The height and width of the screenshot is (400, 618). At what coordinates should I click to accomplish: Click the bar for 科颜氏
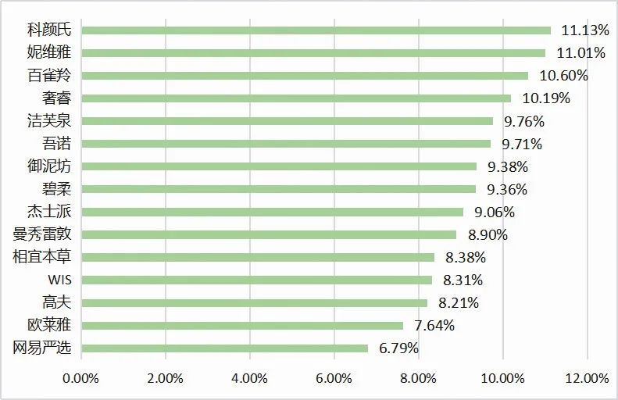tap(316, 30)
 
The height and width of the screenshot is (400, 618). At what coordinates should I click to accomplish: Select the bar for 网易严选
tap(224, 348)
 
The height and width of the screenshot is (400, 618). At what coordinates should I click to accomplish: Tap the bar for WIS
tap(256, 280)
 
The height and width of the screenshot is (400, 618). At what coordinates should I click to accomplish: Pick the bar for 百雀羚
tap(305, 76)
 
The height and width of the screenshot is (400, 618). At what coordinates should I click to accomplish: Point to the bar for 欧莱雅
tap(242, 326)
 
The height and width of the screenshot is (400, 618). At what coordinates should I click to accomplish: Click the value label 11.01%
tap(580, 53)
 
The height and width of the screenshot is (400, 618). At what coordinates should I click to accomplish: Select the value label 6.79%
tap(398, 348)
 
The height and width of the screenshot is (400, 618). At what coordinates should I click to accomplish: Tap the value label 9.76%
tap(523, 121)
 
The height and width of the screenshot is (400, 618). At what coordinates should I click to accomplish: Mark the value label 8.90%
tap(487, 234)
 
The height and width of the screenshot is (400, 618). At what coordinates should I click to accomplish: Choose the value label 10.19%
tap(546, 98)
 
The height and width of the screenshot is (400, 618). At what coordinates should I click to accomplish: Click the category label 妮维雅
tap(48, 53)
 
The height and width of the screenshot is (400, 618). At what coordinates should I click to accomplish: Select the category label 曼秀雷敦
tap(42, 234)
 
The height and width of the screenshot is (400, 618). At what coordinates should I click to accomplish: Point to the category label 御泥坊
tap(48, 166)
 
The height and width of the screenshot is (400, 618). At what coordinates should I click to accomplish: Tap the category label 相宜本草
tap(42, 257)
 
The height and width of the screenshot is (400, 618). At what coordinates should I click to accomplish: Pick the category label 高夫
tap(55, 302)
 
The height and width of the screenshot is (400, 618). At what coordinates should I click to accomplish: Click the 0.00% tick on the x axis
tap(80, 378)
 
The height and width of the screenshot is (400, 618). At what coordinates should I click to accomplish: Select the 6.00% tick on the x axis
tap(334, 378)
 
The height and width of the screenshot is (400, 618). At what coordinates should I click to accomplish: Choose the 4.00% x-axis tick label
tap(250, 378)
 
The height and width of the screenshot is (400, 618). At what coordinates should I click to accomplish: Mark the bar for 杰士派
tap(272, 212)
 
